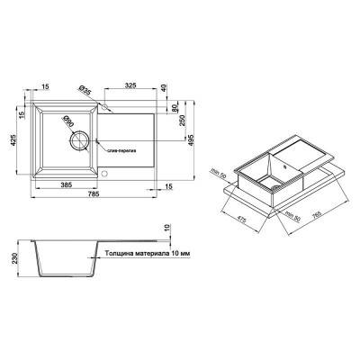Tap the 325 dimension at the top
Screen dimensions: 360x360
(131, 85)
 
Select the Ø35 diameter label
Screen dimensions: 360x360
(83, 89)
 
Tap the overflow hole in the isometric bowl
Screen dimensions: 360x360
(280, 165)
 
